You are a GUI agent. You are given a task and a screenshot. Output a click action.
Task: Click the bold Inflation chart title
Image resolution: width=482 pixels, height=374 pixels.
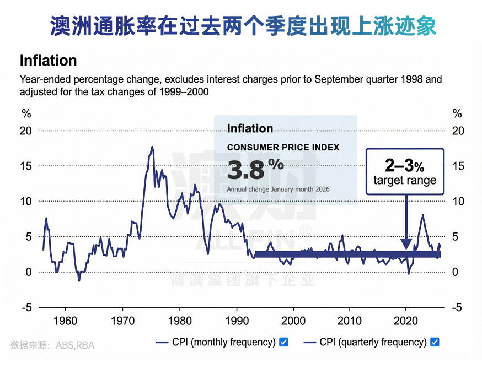(x=48, y=60)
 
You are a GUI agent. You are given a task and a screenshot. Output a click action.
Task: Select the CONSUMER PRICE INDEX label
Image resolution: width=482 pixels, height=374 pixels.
(x=283, y=148)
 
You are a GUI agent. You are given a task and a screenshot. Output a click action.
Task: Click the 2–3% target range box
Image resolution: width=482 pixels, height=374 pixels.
(x=405, y=171)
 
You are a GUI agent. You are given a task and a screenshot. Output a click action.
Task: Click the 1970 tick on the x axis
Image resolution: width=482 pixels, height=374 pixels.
(x=122, y=320)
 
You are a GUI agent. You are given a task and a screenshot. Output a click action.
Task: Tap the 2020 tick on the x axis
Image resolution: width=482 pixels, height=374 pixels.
(x=406, y=320)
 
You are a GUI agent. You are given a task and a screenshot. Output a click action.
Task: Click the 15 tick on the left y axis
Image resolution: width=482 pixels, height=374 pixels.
(x=26, y=166)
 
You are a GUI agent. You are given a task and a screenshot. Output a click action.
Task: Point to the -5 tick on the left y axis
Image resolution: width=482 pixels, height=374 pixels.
(x=26, y=307)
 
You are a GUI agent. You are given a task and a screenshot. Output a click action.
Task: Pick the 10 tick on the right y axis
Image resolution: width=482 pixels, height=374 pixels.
(x=457, y=201)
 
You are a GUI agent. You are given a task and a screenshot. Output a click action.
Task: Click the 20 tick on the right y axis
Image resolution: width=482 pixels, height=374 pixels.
(x=457, y=131)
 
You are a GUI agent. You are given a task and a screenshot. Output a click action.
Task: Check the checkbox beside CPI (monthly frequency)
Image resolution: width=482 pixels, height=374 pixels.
(x=283, y=342)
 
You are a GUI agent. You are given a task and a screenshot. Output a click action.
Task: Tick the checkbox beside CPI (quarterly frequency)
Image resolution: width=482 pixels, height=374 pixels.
(x=435, y=342)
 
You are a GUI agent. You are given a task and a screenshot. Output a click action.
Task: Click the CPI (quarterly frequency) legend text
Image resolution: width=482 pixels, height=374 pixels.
(x=373, y=342)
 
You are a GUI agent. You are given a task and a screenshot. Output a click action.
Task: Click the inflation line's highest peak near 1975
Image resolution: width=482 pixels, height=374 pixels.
(x=152, y=148)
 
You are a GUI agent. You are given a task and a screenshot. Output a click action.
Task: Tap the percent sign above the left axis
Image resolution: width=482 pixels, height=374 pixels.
(x=26, y=114)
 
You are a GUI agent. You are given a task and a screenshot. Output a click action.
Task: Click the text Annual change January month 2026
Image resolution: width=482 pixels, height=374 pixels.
(x=278, y=189)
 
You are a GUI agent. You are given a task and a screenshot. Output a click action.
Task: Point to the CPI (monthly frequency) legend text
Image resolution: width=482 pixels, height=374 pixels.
(x=223, y=342)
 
